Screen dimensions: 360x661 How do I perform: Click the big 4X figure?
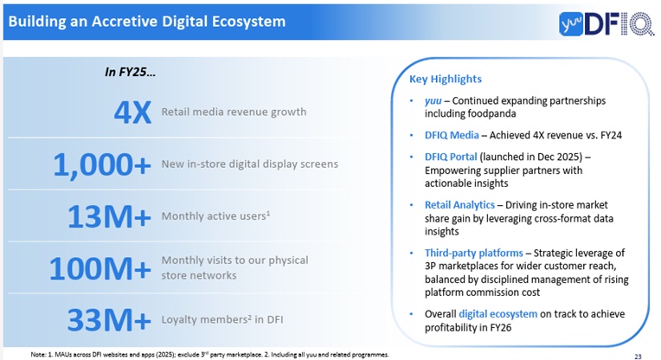tap(132, 112)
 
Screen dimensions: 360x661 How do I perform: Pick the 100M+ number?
tap(99, 269)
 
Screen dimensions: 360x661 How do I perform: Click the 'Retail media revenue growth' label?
tap(234, 112)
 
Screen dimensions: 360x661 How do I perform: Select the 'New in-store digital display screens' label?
tap(249, 164)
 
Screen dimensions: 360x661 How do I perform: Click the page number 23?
tap(638, 355)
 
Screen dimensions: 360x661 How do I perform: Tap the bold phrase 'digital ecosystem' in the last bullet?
tap(504, 313)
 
